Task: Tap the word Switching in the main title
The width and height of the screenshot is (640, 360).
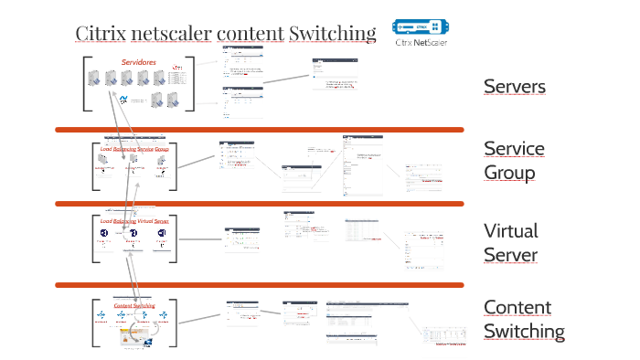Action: [x=332, y=35]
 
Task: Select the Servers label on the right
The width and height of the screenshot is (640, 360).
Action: [x=515, y=87]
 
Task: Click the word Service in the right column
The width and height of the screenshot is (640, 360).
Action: [x=514, y=149]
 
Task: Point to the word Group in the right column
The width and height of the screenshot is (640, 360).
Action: [x=508, y=172]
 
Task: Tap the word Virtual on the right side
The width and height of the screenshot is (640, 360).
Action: [x=510, y=231]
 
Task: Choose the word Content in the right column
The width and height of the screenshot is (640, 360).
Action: [x=517, y=308]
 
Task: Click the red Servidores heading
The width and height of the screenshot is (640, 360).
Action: [x=138, y=62]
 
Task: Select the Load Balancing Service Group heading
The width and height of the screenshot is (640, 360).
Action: [x=135, y=148]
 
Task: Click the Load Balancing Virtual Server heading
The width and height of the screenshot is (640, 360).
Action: [x=134, y=222]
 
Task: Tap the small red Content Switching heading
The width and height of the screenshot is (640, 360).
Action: [x=134, y=306]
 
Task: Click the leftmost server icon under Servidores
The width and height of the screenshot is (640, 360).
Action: [x=102, y=78]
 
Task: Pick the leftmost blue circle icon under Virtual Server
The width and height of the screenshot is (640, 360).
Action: [x=104, y=235]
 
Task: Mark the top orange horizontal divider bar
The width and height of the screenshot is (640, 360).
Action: [x=259, y=130]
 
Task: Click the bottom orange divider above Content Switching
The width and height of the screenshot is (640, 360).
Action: [x=259, y=285]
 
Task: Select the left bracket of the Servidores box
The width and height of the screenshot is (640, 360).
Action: [x=87, y=84]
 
